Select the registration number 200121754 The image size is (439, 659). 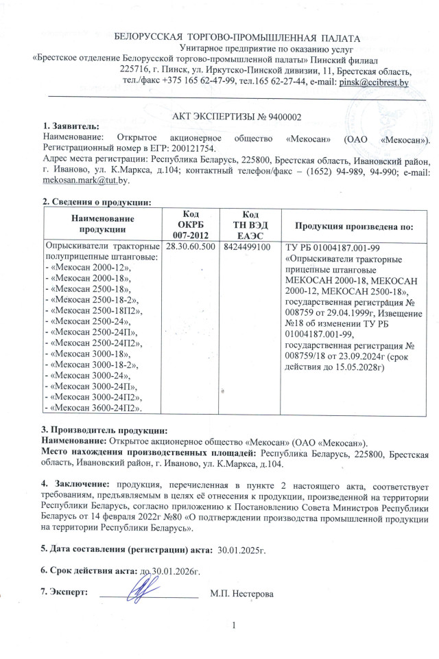pyautogui.click(x=193, y=148)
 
